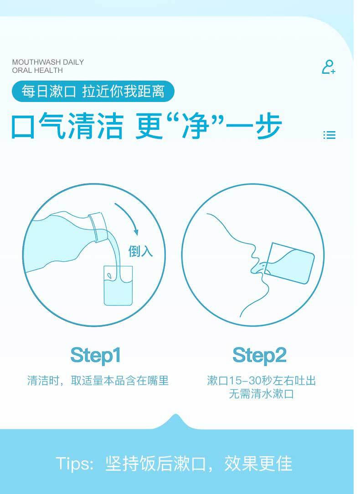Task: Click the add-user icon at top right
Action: coord(329,67)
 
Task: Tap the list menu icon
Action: coord(329,135)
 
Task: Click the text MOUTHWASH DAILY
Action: coord(48,62)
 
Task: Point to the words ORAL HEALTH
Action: coord(37,71)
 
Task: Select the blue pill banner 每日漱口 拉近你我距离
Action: coord(93,92)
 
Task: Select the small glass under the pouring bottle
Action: coord(118,285)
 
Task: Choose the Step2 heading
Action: coord(259,355)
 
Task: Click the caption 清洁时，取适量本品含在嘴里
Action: coord(98,381)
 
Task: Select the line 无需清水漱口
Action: coord(261,394)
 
